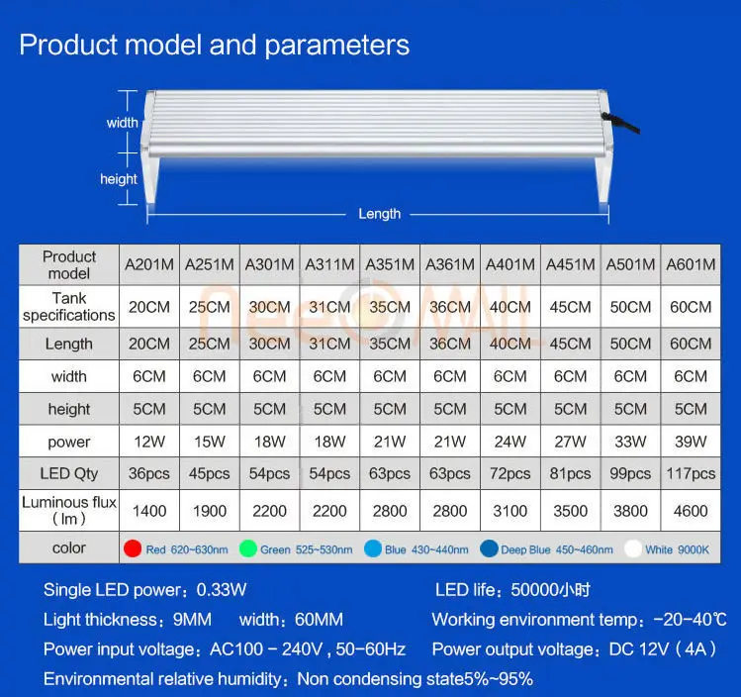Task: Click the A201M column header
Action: [x=149, y=264]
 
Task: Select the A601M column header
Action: [x=691, y=264]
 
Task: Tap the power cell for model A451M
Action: [x=570, y=442]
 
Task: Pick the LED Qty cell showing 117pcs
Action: [x=691, y=473]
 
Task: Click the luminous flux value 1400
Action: [x=149, y=511]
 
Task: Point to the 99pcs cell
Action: [x=630, y=473]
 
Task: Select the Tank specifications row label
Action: [x=69, y=306]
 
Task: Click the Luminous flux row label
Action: [x=69, y=510]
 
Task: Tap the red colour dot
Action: [x=133, y=548]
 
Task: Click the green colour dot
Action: [x=248, y=548]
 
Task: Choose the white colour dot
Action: [x=633, y=548]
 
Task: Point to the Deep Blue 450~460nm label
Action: [x=557, y=549]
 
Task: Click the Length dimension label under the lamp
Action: [x=380, y=214]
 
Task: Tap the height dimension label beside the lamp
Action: [x=119, y=179]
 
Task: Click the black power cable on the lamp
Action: [x=621, y=123]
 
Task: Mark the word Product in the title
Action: [x=68, y=46]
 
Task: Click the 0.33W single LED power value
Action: [x=222, y=590]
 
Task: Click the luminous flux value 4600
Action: [x=691, y=511]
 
